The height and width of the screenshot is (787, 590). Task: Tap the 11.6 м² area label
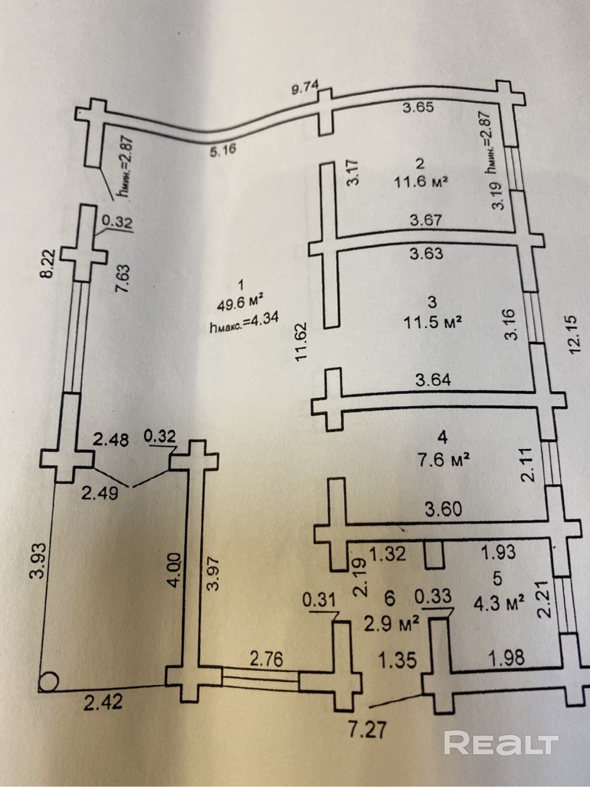421,182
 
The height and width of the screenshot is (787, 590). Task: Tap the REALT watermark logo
501,742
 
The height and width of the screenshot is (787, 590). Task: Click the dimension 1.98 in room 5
506,657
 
